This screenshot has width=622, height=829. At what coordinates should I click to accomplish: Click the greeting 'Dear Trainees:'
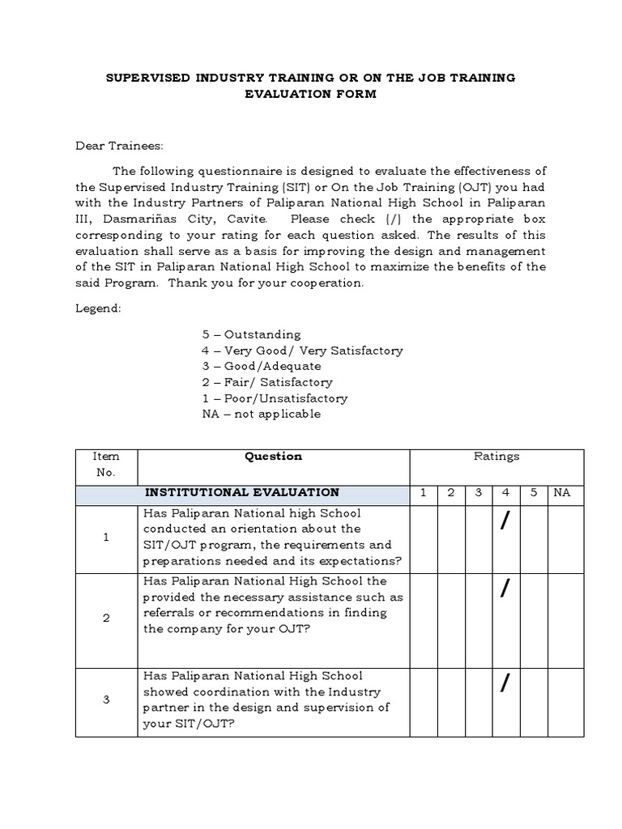pos(119,147)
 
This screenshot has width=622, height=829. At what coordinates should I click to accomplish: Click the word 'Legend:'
pos(98,308)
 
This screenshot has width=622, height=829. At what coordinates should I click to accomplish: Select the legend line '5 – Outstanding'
pos(251,334)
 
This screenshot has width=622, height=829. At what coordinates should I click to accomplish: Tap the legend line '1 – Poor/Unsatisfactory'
pos(275,398)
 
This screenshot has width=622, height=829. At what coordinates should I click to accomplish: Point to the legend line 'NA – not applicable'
pos(261,414)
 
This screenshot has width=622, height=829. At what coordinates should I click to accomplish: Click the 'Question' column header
pos(274,457)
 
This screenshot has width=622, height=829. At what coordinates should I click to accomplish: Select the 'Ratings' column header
pos(496,457)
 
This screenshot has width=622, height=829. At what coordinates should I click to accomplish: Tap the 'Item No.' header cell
pos(106,465)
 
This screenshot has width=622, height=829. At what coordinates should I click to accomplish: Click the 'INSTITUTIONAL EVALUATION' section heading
pos(242,492)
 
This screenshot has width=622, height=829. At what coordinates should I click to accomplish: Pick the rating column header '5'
pos(534,492)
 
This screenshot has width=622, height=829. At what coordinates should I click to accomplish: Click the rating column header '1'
pos(423,492)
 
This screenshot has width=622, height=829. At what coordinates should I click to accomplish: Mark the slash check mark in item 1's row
pos(505,523)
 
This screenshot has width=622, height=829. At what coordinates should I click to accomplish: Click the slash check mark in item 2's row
pos(505,590)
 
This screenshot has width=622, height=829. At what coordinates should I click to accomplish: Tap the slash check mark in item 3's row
pos(505,684)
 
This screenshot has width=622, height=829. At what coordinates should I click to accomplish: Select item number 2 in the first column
pos(106,619)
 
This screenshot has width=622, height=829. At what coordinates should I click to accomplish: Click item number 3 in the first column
pos(106,699)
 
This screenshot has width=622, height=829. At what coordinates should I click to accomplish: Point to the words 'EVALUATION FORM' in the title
pos(311,95)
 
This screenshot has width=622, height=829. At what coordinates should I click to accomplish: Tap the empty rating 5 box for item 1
pos(534,538)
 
